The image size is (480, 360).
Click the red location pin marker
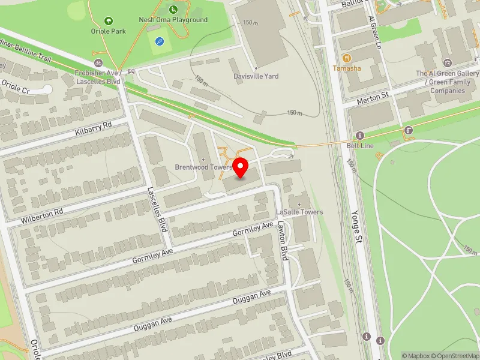tap(241, 167)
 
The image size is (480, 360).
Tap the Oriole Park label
tap(109, 31)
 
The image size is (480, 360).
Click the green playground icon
tap(173, 9)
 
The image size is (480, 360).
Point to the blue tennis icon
tap(159, 41)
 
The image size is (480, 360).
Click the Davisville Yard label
tap(256, 76)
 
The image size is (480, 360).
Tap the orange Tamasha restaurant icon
tap(346, 58)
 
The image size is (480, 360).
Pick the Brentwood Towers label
tap(203, 167)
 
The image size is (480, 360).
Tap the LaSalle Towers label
tap(299, 212)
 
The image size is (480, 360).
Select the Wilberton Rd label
tap(43, 213)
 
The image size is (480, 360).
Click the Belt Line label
tap(361, 145)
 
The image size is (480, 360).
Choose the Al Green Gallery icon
tap(446, 62)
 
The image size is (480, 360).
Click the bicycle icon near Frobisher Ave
tap(98, 62)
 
